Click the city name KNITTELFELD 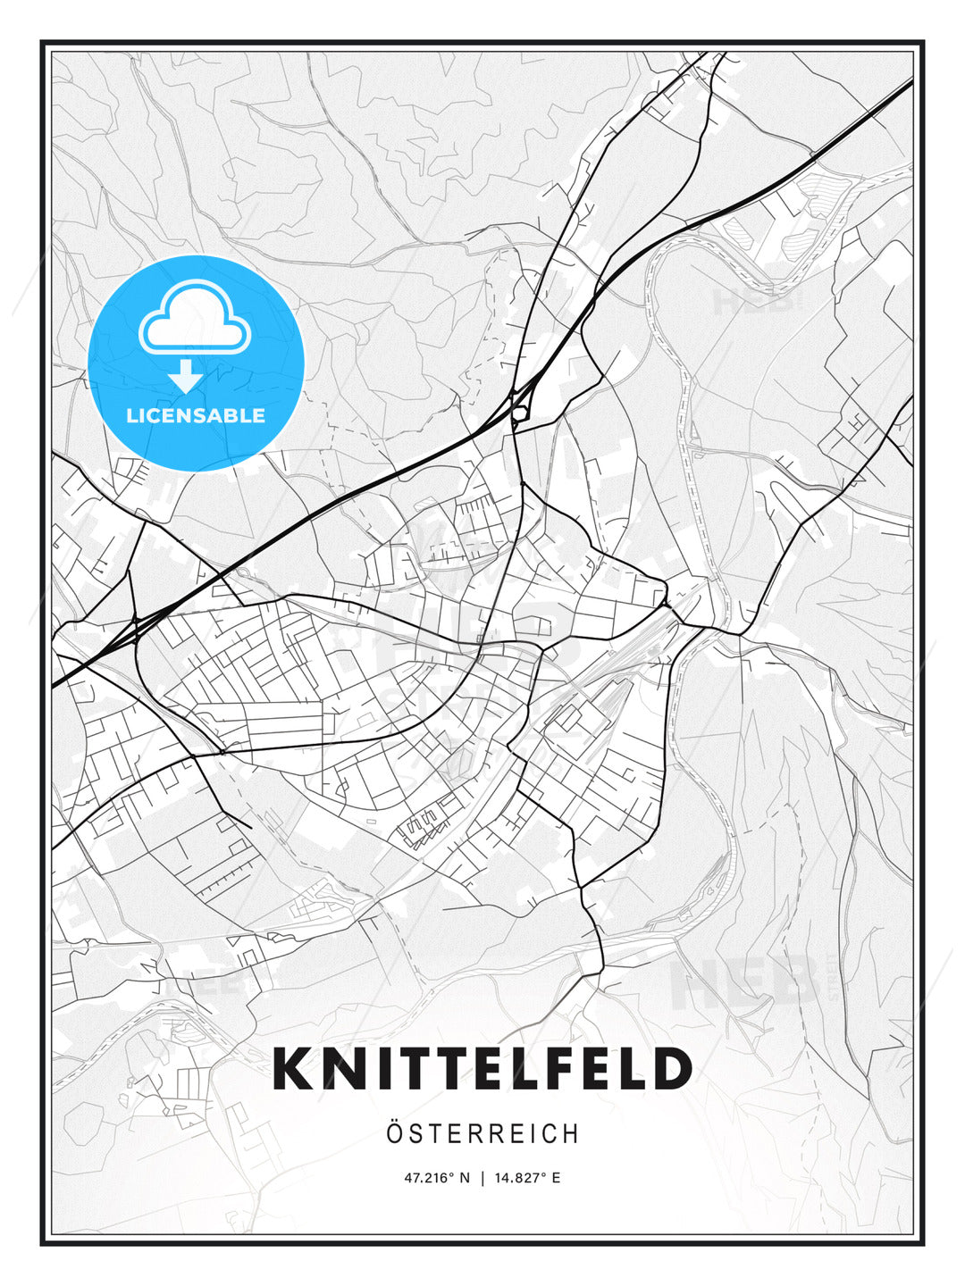coord(482,1069)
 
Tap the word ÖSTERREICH coord(482,1134)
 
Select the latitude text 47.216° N coord(437,1178)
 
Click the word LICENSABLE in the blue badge coord(196,415)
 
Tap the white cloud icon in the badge coord(194,318)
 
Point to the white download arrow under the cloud coord(186,376)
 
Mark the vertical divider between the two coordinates coord(482,1178)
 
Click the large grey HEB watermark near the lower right coord(746,982)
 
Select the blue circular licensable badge coord(197,363)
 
